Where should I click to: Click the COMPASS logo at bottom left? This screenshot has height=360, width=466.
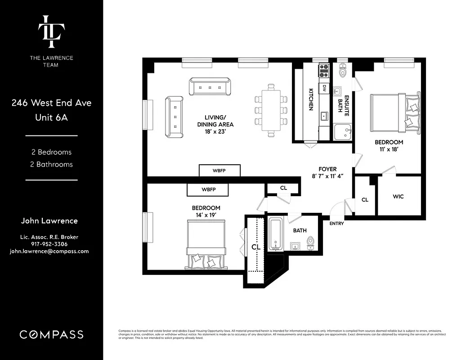(51, 334)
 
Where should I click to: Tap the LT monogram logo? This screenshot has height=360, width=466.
(51, 31)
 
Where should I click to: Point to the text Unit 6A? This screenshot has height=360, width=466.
(51, 118)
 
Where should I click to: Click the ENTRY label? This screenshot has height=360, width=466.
(336, 224)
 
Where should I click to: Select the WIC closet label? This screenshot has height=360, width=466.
(399, 197)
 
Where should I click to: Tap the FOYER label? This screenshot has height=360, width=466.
(327, 169)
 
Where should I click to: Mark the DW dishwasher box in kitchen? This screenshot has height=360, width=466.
(324, 89)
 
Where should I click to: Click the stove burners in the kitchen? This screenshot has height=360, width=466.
(324, 71)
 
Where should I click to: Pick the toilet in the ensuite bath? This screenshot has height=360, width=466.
(343, 71)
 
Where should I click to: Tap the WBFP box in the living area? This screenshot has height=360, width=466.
(220, 171)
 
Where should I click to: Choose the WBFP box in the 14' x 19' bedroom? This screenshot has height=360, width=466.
(208, 190)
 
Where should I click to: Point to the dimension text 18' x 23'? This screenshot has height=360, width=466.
(215, 132)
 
